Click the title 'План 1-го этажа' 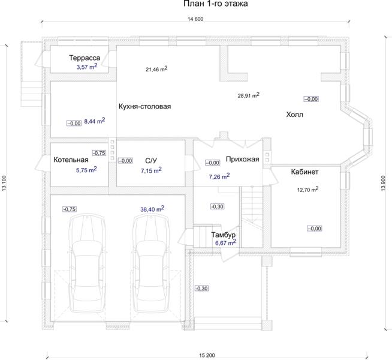tap(216, 4)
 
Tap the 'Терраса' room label tap(85, 58)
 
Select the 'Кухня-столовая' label tap(144, 106)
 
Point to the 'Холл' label tap(294, 115)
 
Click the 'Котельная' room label tap(71, 160)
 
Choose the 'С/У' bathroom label tap(151, 160)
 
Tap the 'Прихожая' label tap(243, 159)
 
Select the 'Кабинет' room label tap(304, 172)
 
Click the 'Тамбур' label tap(223, 235)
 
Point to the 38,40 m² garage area tap(152, 209)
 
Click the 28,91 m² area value tap(249, 95)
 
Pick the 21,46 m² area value tap(156, 69)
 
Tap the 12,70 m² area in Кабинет tap(307, 190)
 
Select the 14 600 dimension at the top tap(195, 19)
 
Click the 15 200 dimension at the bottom tap(207, 355)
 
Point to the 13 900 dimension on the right tap(383, 183)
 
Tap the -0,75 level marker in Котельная tap(99, 153)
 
